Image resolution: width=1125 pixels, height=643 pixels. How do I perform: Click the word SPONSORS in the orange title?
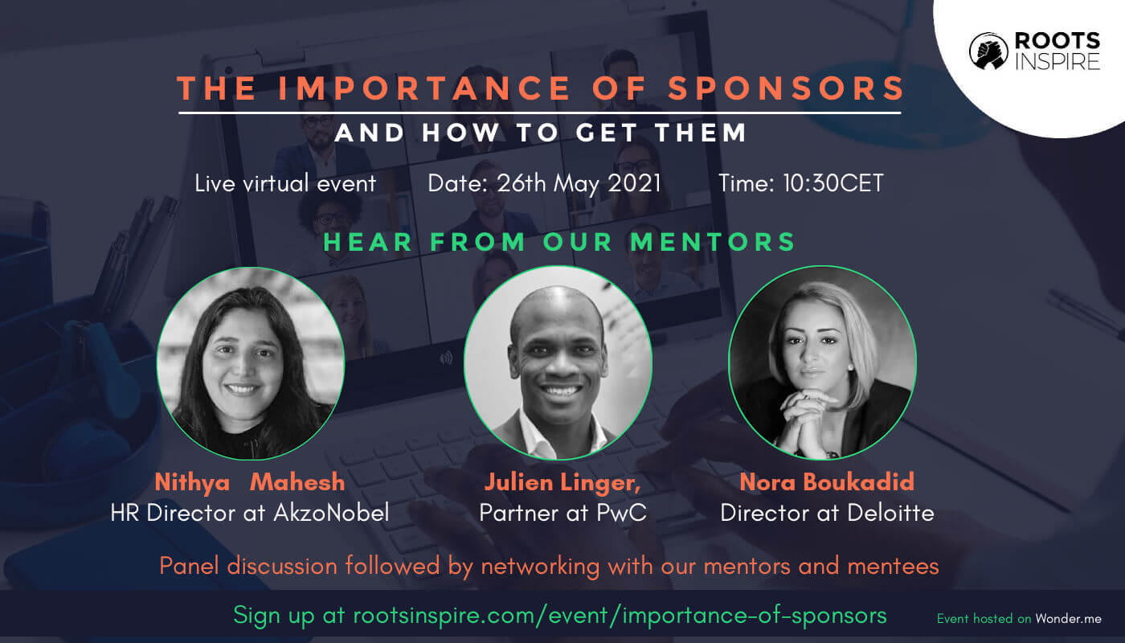pyautogui.click(x=786, y=88)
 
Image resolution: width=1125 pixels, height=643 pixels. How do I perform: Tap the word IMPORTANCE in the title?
pyautogui.click(x=424, y=88)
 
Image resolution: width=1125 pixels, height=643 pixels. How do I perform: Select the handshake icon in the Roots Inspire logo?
pyautogui.click(x=988, y=51)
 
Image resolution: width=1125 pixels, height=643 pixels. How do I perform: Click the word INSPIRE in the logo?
pyautogui.click(x=1057, y=62)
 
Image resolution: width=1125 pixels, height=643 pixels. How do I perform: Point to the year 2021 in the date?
pyautogui.click(x=634, y=183)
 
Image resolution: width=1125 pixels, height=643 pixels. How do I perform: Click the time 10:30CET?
pyautogui.click(x=833, y=183)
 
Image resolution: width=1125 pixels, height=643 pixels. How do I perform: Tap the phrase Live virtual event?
pyautogui.click(x=285, y=183)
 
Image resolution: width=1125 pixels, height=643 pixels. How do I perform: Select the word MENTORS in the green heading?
pyautogui.click(x=713, y=242)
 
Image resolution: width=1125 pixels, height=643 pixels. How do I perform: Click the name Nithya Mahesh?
pyautogui.click(x=250, y=483)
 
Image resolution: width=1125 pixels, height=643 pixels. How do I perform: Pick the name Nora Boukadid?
pyautogui.click(x=827, y=482)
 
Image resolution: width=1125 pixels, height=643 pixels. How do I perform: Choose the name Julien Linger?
pyautogui.click(x=561, y=483)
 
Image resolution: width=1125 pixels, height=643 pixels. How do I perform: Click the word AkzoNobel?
pyautogui.click(x=331, y=513)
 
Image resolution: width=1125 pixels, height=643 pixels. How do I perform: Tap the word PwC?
pyautogui.click(x=621, y=513)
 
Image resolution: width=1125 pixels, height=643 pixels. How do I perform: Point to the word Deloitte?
pyautogui.click(x=890, y=513)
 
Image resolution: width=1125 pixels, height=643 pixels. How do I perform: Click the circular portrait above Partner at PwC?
pyautogui.click(x=558, y=362)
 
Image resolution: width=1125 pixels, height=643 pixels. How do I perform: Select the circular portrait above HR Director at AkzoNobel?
pyautogui.click(x=251, y=363)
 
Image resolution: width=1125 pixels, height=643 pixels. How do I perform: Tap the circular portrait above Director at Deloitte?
pyautogui.click(x=823, y=362)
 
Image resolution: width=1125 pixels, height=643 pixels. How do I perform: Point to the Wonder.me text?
pyautogui.click(x=1068, y=619)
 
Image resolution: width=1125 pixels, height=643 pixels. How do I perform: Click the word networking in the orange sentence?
pyautogui.click(x=540, y=567)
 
